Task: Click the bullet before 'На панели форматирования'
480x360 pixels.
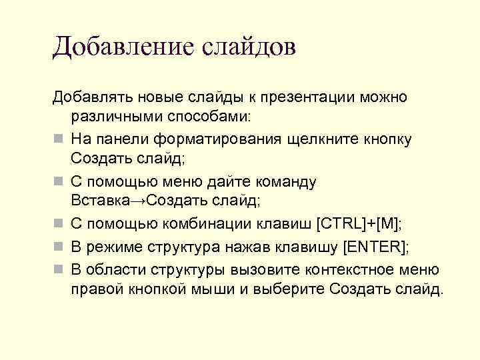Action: (x=59, y=139)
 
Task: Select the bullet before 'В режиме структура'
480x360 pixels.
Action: (x=59, y=247)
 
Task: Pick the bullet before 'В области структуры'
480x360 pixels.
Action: (x=59, y=269)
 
